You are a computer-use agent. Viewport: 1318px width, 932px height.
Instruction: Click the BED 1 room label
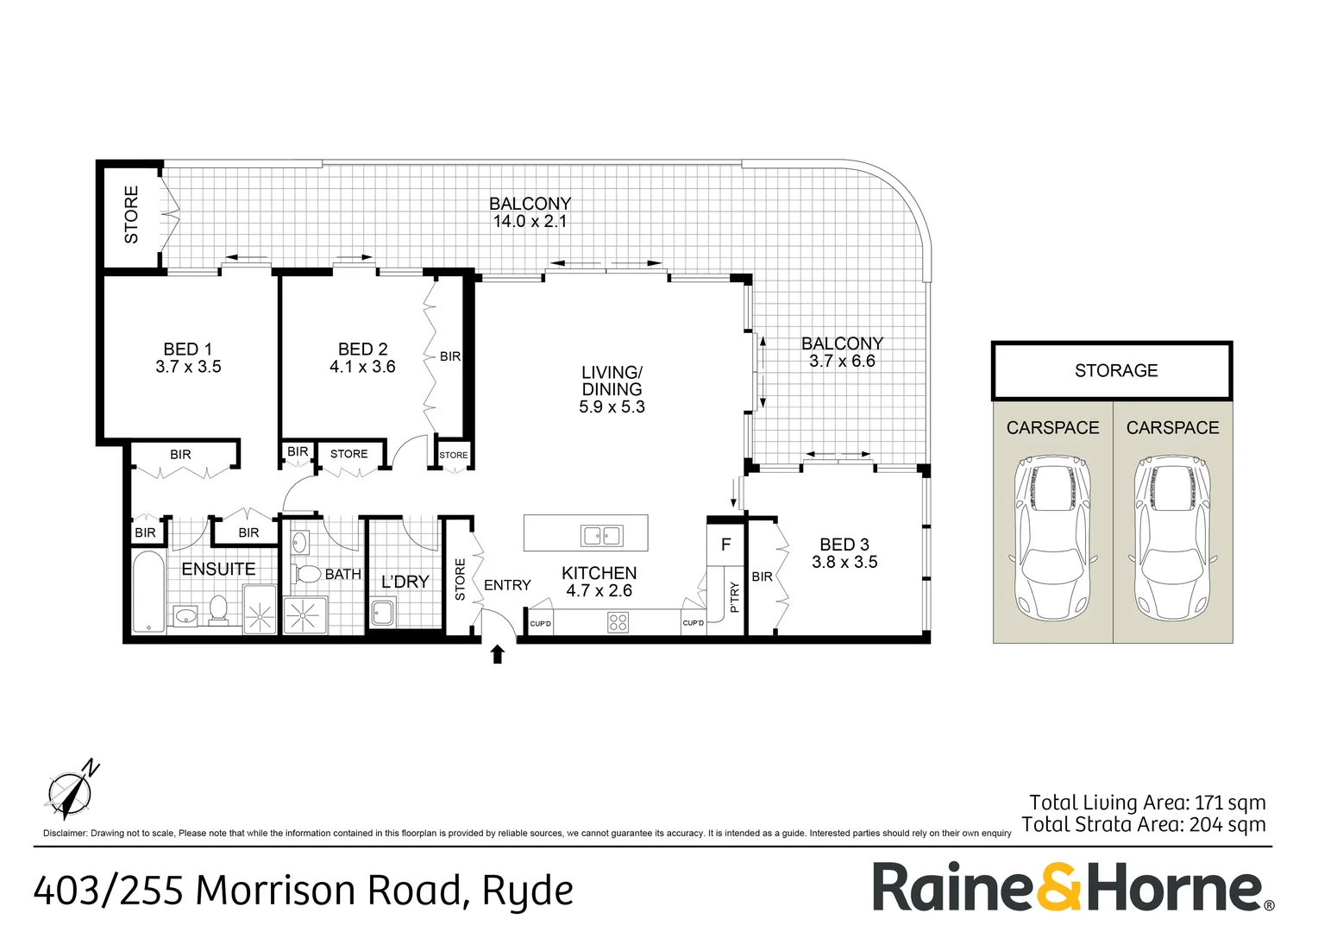click(187, 349)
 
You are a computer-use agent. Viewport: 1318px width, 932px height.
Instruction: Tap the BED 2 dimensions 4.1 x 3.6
click(362, 367)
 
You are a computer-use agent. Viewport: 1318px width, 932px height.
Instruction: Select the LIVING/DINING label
click(612, 381)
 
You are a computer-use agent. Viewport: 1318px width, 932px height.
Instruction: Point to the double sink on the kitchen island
click(602, 536)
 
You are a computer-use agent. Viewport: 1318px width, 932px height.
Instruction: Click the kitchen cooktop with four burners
click(618, 621)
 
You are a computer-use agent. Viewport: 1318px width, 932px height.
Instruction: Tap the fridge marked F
click(725, 545)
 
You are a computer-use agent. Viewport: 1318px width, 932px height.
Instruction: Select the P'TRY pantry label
click(734, 597)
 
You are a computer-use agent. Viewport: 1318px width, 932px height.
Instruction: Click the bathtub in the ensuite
click(148, 592)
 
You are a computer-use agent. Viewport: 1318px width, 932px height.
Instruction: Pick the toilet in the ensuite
click(218, 608)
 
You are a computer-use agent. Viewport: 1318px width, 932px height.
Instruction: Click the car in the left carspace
click(1052, 538)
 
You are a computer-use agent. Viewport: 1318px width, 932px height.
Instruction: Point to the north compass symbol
click(72, 789)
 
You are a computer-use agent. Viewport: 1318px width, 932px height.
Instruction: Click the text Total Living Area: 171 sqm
click(1147, 803)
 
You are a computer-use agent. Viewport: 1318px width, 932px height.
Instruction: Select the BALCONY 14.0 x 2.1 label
click(530, 212)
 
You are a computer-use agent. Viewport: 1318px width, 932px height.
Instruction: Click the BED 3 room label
click(844, 545)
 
